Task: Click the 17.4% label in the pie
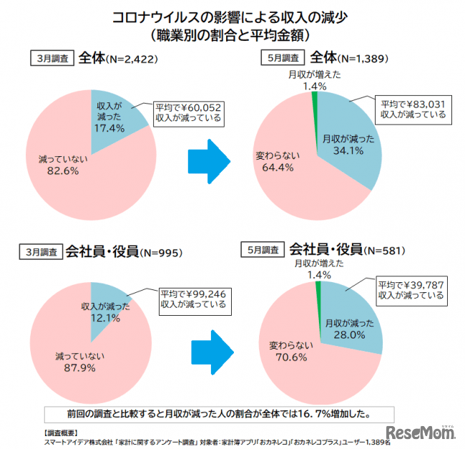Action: click(x=109, y=128)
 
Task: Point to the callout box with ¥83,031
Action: click(x=413, y=108)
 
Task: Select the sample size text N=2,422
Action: click(x=131, y=60)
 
